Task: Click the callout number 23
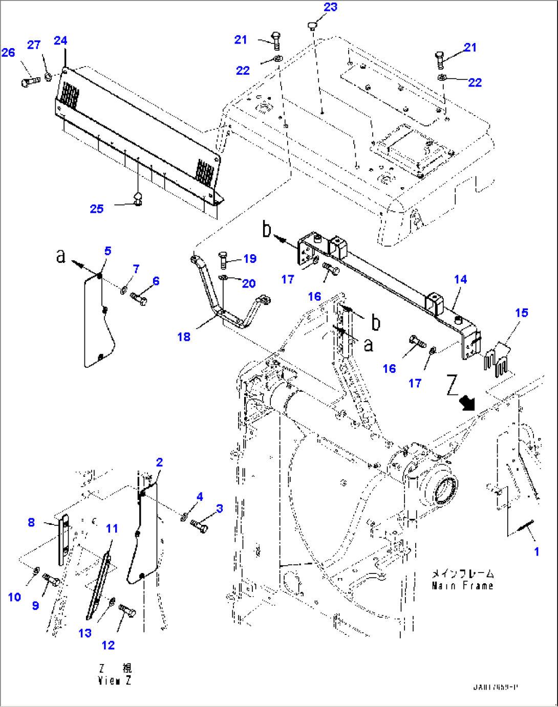[x=331, y=7]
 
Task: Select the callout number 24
[x=60, y=41]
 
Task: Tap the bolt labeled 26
[x=30, y=81]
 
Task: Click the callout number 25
[x=97, y=209]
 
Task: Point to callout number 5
[x=108, y=251]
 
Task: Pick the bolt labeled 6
[x=139, y=298]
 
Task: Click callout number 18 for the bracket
[x=184, y=337]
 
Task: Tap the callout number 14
[x=460, y=279]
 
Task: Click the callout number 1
[x=536, y=551]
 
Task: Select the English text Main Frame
[x=462, y=586]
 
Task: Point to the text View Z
[x=114, y=681]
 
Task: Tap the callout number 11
[x=112, y=528]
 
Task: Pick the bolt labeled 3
[x=200, y=525]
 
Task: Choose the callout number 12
[x=108, y=645]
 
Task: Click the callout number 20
[x=248, y=283]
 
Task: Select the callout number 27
[x=34, y=45]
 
